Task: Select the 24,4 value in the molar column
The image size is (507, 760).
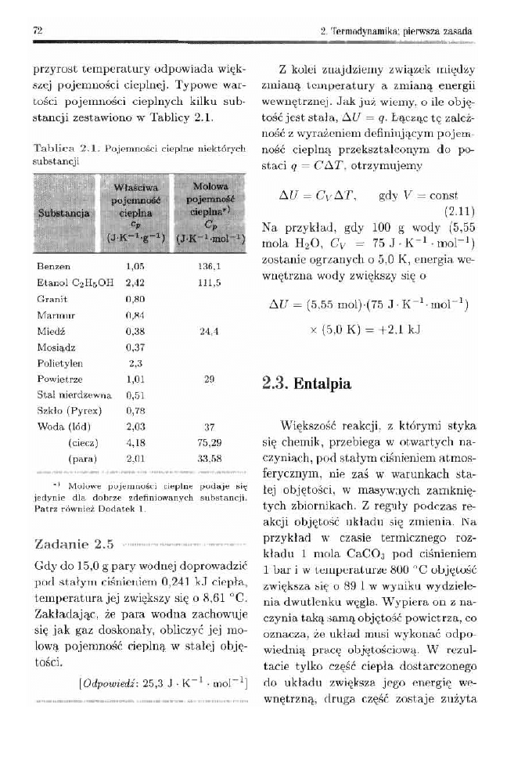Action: pyautogui.click(x=209, y=330)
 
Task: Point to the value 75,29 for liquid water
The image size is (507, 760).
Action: pyautogui.click(x=209, y=441)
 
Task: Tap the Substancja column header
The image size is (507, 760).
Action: pyautogui.click(x=61, y=216)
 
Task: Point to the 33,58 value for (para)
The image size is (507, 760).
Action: pyautogui.click(x=209, y=457)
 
